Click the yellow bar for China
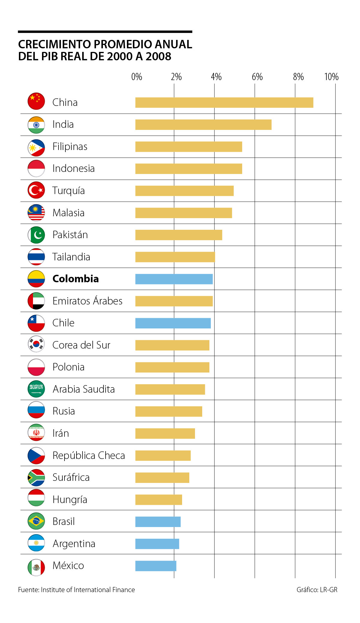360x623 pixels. click(224, 103)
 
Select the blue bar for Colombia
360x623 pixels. click(174, 279)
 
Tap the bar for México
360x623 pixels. click(156, 566)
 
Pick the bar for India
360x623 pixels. click(203, 124)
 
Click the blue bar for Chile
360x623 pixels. click(173, 323)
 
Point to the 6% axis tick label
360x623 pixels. click(257, 77)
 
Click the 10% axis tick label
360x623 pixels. click(331, 77)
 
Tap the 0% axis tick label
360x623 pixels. click(136, 77)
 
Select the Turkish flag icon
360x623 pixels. click(36, 190)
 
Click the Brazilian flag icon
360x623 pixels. click(36, 521)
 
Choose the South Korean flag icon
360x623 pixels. click(36, 344)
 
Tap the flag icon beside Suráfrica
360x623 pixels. click(36, 477)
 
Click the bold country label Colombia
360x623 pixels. click(76, 279)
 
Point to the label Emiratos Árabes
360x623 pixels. click(87, 301)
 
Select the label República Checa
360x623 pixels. click(88, 455)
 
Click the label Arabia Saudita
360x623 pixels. click(84, 389)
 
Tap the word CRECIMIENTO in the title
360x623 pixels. click(54, 44)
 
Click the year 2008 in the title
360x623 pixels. click(158, 56)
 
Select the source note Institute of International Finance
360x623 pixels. click(88, 590)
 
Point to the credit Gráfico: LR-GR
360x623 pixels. click(317, 590)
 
